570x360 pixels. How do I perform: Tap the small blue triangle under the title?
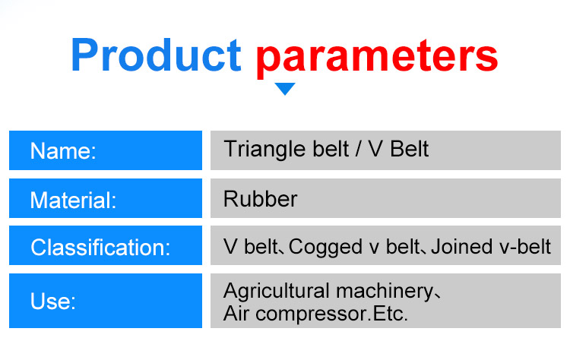tap(285, 89)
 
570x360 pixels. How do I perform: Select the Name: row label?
tap(63, 151)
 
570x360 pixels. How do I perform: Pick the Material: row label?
tap(73, 201)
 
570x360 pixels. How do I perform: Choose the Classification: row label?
tap(100, 248)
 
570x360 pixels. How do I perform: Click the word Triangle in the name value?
tap(257, 149)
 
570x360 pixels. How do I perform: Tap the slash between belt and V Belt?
tap(356, 149)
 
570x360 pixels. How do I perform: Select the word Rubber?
tap(261, 199)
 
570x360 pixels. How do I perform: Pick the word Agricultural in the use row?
tap(277, 291)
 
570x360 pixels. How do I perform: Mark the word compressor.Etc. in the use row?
tap(331, 314)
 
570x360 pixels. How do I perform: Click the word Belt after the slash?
tap(410, 149)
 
